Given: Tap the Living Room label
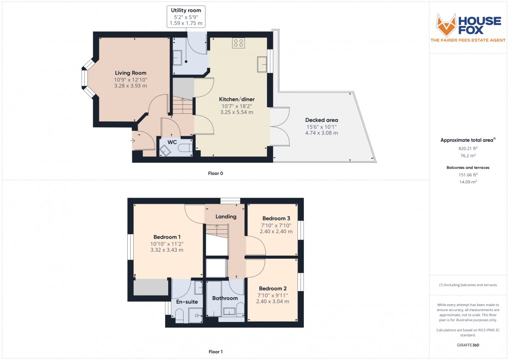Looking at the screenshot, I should pyautogui.click(x=131, y=73).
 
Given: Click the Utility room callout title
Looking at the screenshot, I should pyautogui.click(x=187, y=10).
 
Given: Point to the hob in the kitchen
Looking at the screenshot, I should pyautogui.click(x=238, y=43).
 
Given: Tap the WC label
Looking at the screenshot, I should pyautogui.click(x=172, y=142).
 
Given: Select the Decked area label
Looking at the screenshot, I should pyautogui.click(x=321, y=120).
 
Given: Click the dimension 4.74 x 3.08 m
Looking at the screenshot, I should pyautogui.click(x=321, y=133).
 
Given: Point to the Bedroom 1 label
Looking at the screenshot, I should pyautogui.click(x=167, y=237).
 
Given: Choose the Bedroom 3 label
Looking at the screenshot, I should pyautogui.click(x=275, y=218).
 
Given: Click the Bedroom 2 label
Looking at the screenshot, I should pyautogui.click(x=272, y=289).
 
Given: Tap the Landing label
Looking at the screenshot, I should pyautogui.click(x=226, y=217).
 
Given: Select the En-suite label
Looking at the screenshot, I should pyautogui.click(x=187, y=302).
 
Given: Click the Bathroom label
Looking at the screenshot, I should pyautogui.click(x=225, y=299).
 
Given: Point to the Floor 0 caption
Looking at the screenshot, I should pyautogui.click(x=216, y=173).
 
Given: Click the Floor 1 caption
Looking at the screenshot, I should pyautogui.click(x=216, y=352).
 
